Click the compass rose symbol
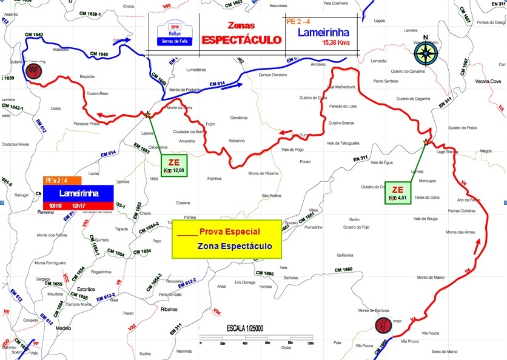[426, 53]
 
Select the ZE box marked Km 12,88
[175, 165]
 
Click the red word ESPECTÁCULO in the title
[241, 40]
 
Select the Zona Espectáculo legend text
[234, 247]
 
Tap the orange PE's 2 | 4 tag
[59, 180]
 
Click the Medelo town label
[63, 328]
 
